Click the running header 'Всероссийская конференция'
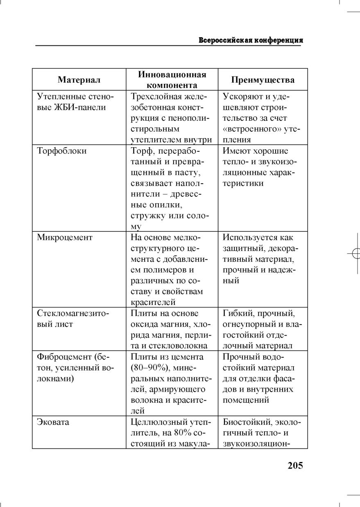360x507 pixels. point(251,40)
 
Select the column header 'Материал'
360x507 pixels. point(79,80)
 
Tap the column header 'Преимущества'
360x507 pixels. point(263,80)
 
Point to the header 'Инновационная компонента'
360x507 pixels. point(172,80)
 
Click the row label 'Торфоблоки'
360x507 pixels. point(62,151)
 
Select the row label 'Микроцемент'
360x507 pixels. point(65,237)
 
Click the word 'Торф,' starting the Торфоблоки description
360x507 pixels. point(142,151)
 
